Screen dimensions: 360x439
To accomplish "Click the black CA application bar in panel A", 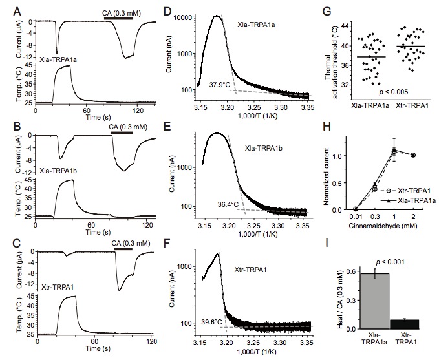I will click(x=118, y=17).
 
